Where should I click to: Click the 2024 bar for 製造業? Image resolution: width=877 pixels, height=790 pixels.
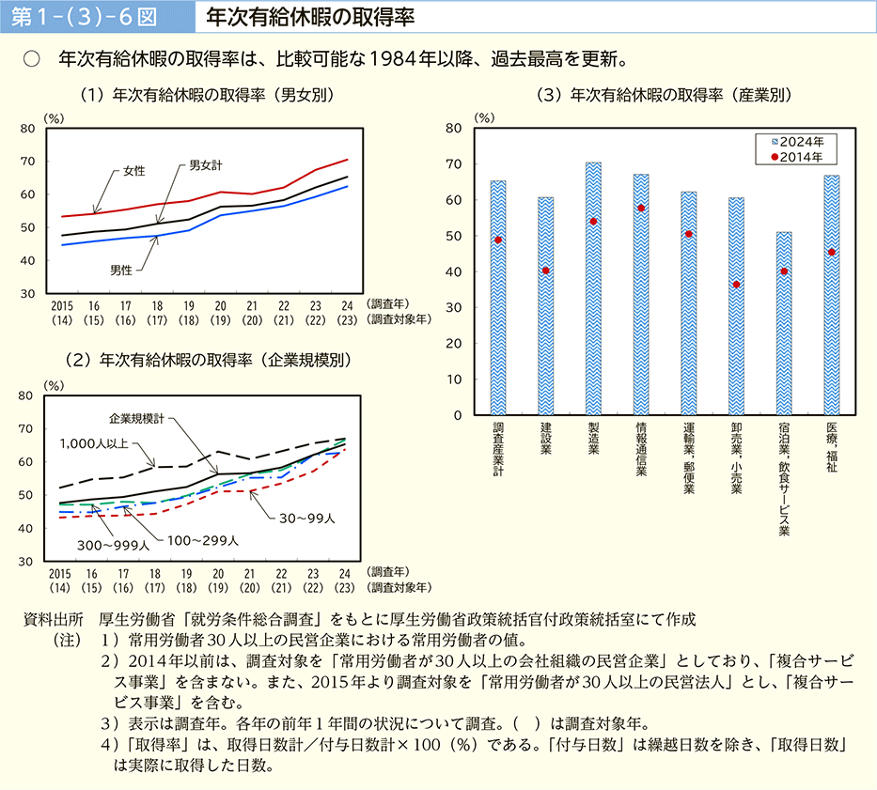(x=593, y=288)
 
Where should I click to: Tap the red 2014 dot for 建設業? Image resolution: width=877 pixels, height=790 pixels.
(x=546, y=271)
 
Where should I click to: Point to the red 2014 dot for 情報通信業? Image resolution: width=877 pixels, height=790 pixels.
(x=641, y=209)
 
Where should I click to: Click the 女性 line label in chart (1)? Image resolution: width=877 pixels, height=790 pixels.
(x=134, y=171)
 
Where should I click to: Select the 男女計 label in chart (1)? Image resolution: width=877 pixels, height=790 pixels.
(x=205, y=165)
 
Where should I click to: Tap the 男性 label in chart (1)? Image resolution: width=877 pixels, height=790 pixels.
(x=120, y=270)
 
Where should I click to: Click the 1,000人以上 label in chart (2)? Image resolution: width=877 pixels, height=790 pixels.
(x=93, y=443)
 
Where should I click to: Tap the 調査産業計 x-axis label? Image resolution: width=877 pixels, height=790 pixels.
(x=498, y=451)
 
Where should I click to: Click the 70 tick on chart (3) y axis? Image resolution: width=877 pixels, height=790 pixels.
(x=455, y=164)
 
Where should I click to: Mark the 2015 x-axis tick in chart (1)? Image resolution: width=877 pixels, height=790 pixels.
(x=60, y=306)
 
